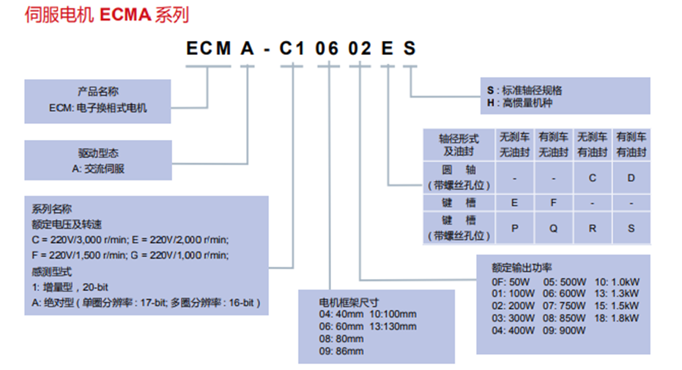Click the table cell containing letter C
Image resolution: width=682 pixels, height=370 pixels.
click(592, 178)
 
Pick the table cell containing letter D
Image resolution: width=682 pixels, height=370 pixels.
click(631, 178)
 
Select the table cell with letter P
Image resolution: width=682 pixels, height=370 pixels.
click(514, 228)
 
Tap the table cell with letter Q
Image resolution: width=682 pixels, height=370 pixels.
click(553, 228)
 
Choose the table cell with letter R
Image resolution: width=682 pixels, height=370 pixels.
click(592, 228)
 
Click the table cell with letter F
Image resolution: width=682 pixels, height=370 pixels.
click(553, 202)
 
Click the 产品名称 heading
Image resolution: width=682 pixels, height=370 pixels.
click(97, 92)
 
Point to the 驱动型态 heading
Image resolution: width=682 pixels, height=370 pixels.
click(97, 153)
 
